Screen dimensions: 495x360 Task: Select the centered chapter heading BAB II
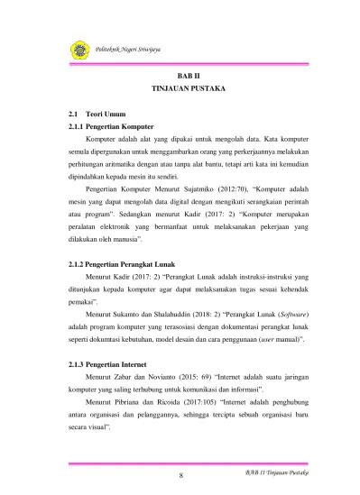point(186,79)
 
